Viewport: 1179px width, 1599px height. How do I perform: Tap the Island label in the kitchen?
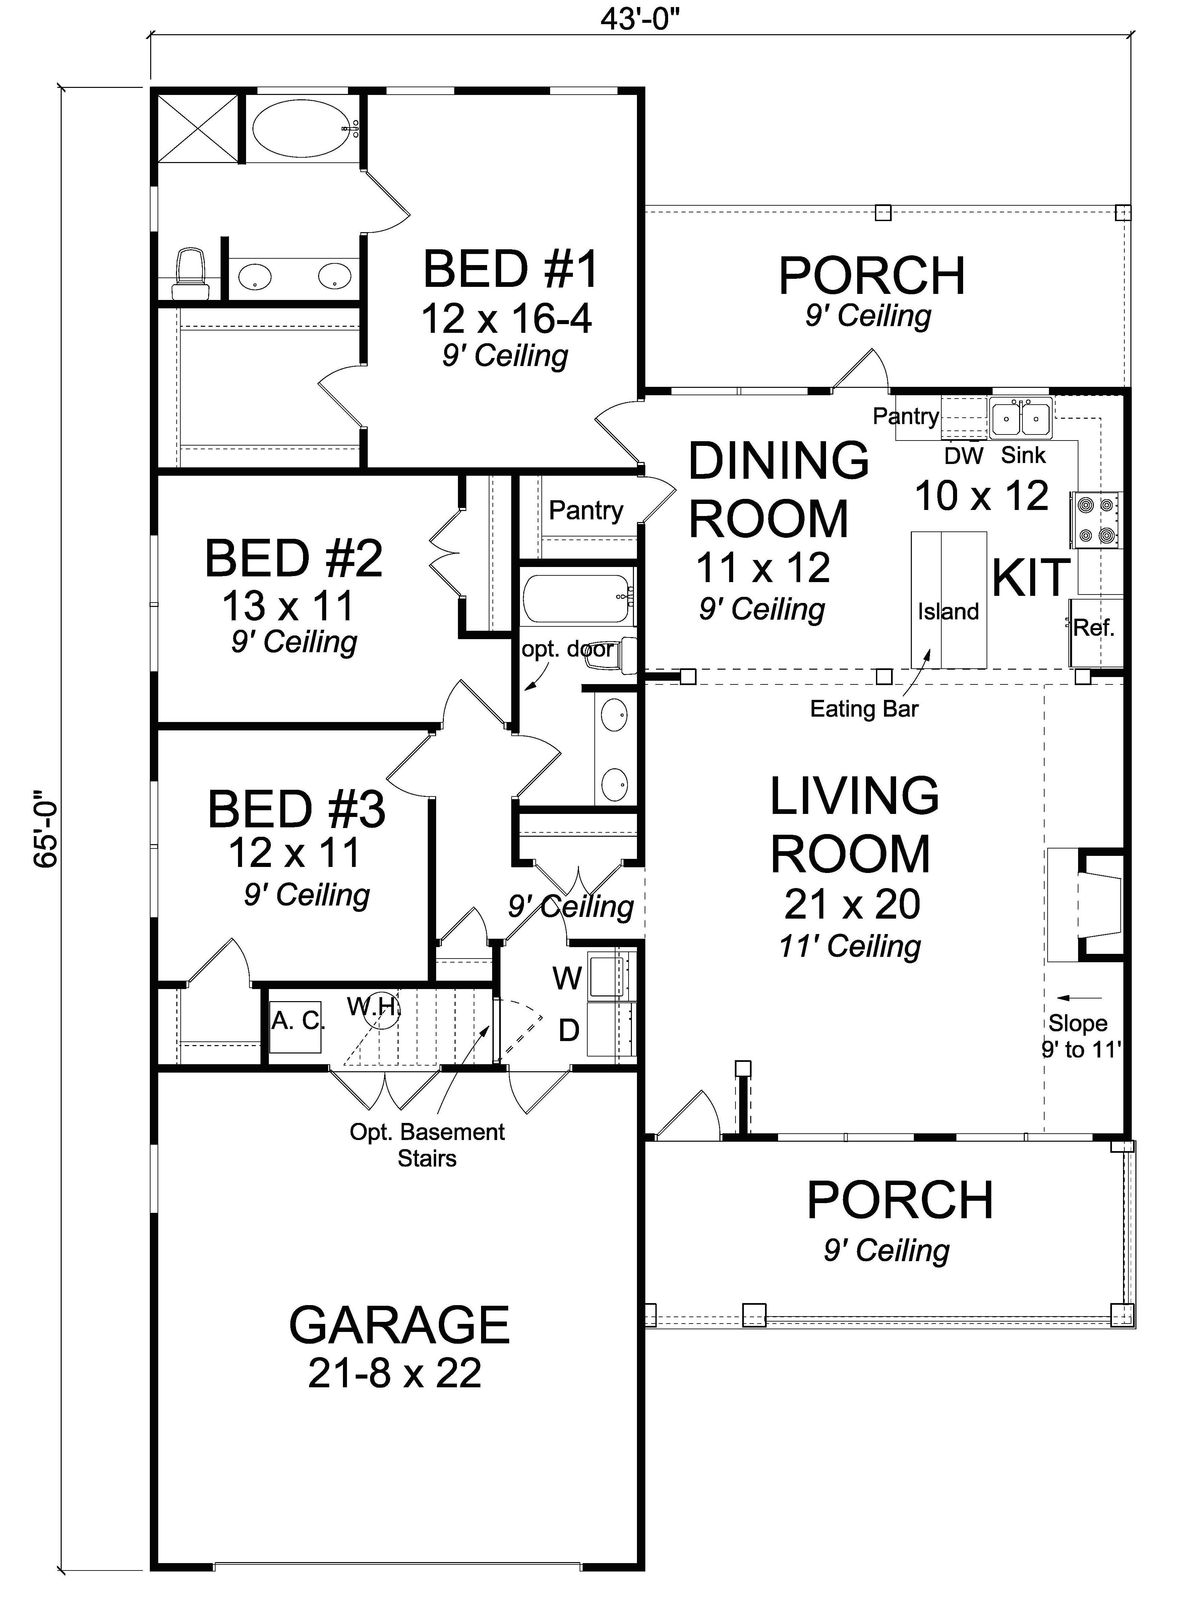(x=948, y=611)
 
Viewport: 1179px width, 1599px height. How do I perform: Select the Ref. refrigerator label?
(x=1094, y=628)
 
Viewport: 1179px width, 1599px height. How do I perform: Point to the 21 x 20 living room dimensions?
(x=852, y=905)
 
